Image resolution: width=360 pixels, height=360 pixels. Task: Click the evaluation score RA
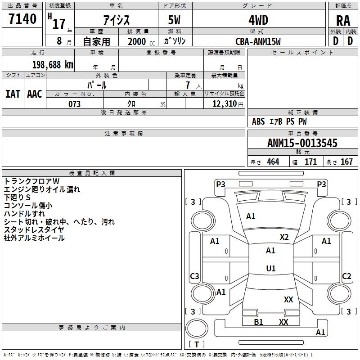pyautogui.click(x=343, y=21)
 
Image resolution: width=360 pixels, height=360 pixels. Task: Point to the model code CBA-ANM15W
pyautogui.click(x=258, y=41)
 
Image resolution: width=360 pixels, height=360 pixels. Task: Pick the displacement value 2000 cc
pyautogui.click(x=140, y=41)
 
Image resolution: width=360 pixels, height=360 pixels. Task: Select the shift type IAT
pyautogui.click(x=13, y=94)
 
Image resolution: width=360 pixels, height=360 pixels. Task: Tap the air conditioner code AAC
pyautogui.click(x=35, y=94)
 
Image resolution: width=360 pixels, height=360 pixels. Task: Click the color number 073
pyautogui.click(x=74, y=104)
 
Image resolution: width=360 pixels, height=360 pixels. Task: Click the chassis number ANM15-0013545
pyautogui.click(x=302, y=143)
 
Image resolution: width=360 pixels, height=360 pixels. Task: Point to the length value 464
pyautogui.click(x=273, y=162)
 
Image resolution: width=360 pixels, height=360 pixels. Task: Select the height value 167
pyautogui.click(x=346, y=162)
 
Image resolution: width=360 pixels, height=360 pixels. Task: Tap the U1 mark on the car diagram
pyautogui.click(x=270, y=268)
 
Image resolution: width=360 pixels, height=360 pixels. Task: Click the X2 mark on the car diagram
pyautogui.click(x=284, y=237)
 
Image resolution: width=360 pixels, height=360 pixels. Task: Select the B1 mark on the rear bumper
pyautogui.click(x=258, y=322)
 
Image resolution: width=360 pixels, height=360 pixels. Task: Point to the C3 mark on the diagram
pyautogui.click(x=194, y=276)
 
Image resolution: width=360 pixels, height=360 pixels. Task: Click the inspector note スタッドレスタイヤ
pyautogui.click(x=34, y=230)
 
